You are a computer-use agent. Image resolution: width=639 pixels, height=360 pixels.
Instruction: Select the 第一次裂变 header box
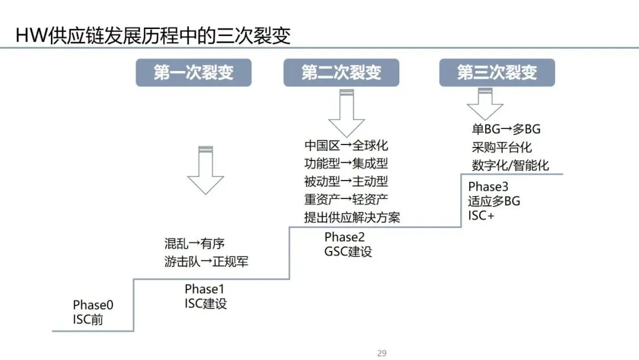193,73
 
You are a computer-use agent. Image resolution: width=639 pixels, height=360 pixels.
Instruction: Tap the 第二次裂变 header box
341,73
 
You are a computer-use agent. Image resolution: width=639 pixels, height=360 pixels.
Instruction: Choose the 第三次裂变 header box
497,73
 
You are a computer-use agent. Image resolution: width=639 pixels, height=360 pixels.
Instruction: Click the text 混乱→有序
195,243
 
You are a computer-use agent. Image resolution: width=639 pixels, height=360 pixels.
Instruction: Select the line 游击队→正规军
206,261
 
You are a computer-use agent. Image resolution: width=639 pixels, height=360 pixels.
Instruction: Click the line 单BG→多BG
506,129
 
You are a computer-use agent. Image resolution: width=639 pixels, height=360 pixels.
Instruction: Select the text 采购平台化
502,147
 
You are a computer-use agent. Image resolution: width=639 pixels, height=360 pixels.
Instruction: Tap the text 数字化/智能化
510,165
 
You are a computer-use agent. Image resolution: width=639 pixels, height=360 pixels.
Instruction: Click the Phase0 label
93,305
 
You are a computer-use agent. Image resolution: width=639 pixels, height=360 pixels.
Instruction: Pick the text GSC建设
348,251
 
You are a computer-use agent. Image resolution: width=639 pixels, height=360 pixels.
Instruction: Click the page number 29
382,353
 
